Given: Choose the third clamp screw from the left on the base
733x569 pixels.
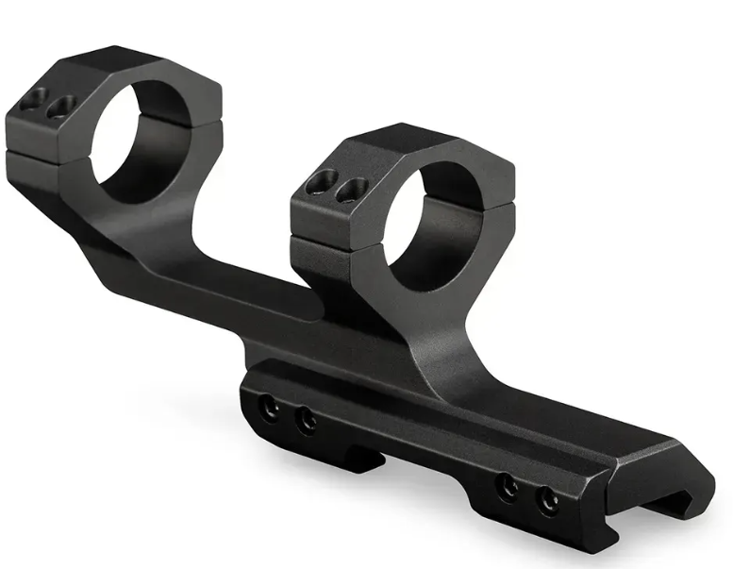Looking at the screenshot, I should pos(508,487).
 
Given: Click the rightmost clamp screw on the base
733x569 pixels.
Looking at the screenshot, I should pos(546,501).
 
